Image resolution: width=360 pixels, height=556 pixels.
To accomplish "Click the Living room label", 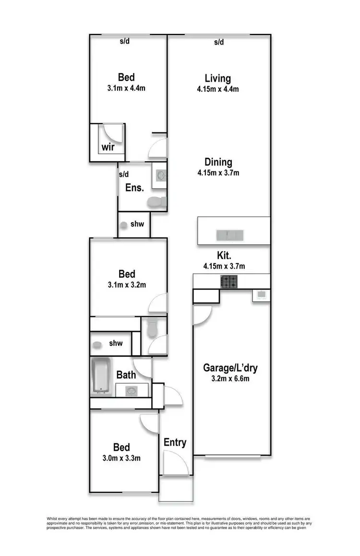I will pyautogui.click(x=217, y=78).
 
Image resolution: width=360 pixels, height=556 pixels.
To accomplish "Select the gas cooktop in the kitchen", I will pyautogui.click(x=229, y=282).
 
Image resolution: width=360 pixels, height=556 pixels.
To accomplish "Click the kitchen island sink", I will pyautogui.click(x=230, y=235).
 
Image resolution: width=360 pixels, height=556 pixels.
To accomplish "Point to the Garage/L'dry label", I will pyautogui.click(x=231, y=368).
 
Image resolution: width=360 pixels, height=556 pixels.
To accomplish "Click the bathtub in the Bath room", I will pyautogui.click(x=101, y=377).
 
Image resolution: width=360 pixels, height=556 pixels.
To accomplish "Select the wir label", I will pyautogui.click(x=108, y=147).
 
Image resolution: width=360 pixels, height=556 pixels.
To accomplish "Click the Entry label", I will pyautogui.click(x=175, y=442).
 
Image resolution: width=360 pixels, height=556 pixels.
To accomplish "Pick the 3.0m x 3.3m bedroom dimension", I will pyautogui.click(x=121, y=458).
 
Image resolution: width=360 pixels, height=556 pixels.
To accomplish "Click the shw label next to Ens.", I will pyautogui.click(x=137, y=224).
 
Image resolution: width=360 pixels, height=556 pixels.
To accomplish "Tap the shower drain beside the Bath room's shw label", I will pyautogui.click(x=96, y=344).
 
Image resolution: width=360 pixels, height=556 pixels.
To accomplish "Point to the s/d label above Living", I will pyautogui.click(x=219, y=42).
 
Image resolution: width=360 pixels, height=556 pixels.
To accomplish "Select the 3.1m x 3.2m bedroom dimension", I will pyautogui.click(x=127, y=284).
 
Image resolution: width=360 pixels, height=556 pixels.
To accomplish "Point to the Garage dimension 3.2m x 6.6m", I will pyautogui.click(x=231, y=379).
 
